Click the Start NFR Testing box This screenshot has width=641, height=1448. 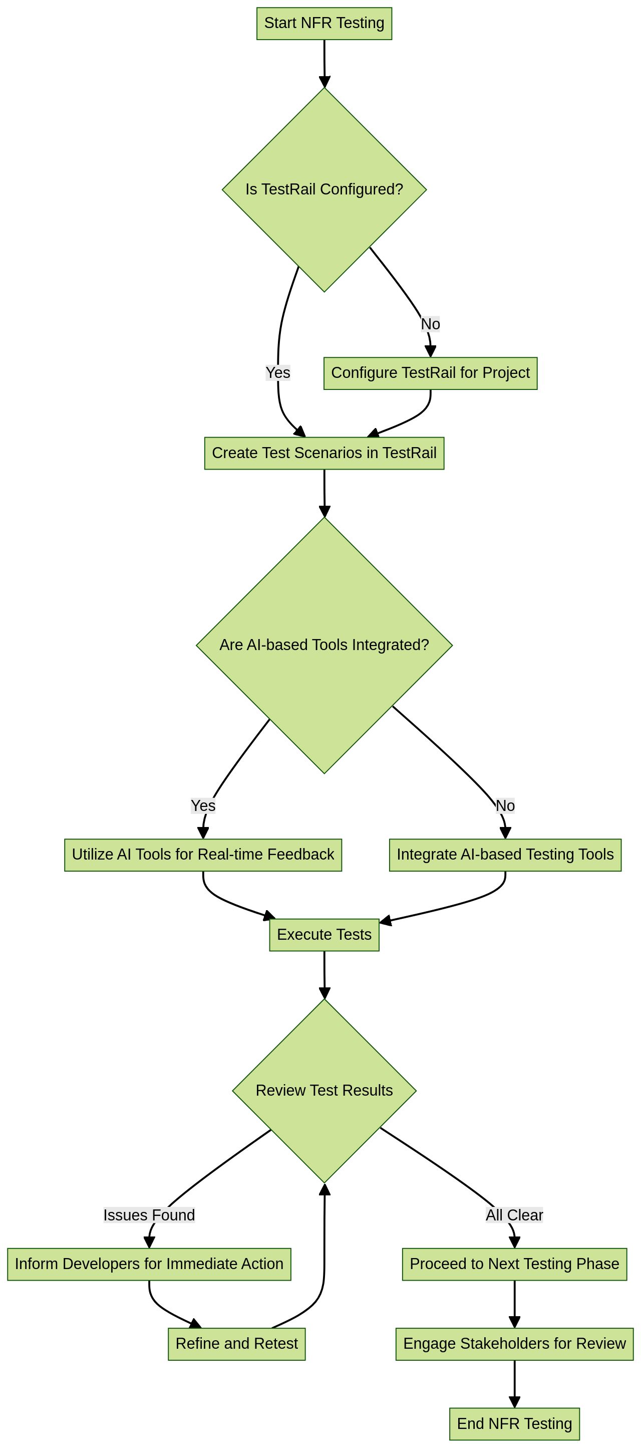(x=324, y=24)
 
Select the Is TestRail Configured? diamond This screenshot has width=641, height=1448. (x=324, y=189)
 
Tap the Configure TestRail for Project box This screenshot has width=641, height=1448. (x=430, y=373)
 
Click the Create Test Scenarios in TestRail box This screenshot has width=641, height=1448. (x=324, y=453)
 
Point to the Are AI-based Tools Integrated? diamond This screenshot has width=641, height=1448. (x=324, y=645)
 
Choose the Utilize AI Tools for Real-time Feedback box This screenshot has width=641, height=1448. (x=203, y=855)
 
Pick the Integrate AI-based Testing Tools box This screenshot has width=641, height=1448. (x=505, y=855)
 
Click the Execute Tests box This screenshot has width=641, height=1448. (x=324, y=934)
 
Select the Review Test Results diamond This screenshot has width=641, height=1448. (x=324, y=1091)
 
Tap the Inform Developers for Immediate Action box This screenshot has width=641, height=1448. (x=149, y=1264)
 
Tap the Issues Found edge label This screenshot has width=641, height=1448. (x=149, y=1215)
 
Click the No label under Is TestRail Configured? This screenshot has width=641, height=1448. (x=430, y=324)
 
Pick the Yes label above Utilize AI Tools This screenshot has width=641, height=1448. (x=203, y=805)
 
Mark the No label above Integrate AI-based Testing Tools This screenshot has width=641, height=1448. (x=505, y=805)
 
